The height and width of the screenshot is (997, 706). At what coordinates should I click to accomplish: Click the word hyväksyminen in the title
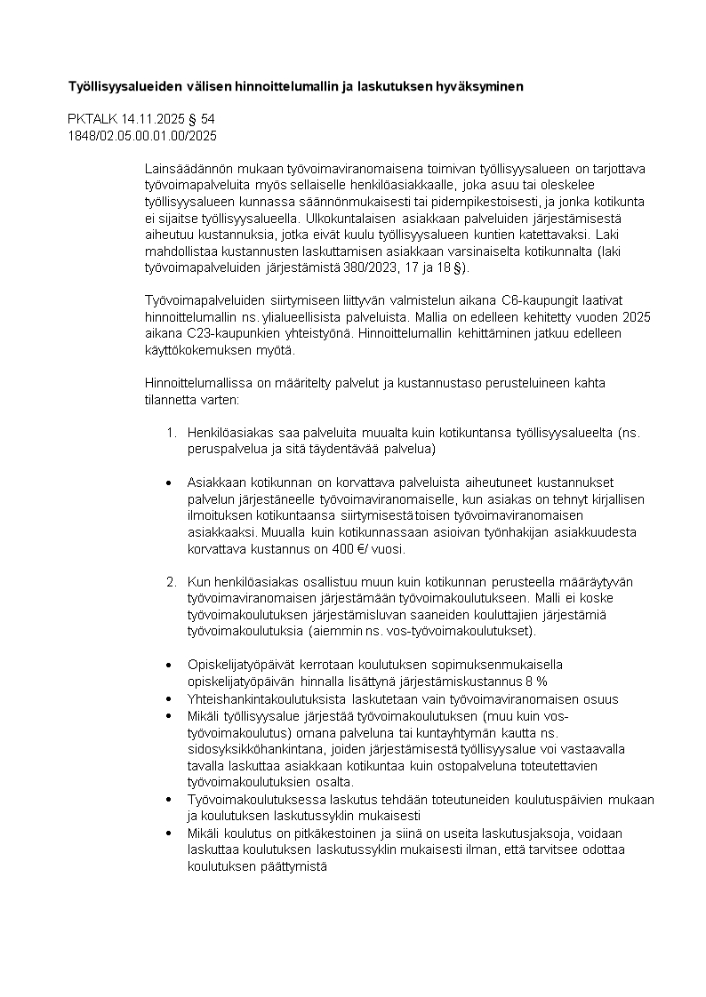[479, 86]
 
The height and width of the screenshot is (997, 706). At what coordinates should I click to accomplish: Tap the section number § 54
[203, 118]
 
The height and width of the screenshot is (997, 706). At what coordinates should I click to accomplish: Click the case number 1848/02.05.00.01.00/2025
[142, 135]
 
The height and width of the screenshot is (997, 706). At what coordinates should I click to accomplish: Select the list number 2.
[172, 581]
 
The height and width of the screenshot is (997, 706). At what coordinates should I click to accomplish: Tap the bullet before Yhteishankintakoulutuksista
[169, 698]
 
